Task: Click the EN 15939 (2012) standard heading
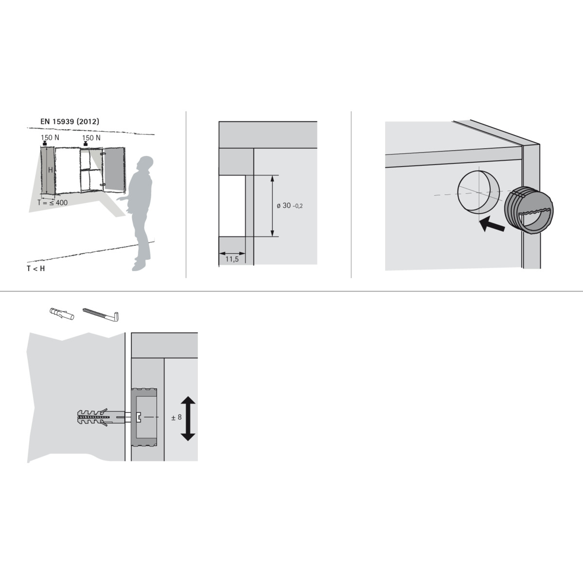pos(69,121)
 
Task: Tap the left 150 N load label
pos(50,137)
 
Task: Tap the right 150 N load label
pos(91,137)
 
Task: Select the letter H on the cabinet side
pos(51,170)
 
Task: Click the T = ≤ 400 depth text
pos(52,203)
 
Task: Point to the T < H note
pos(35,268)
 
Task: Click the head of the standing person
pos(145,164)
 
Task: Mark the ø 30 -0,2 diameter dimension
pos(290,206)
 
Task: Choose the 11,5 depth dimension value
pos(232,259)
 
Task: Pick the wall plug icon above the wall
pos(62,313)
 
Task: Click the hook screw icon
pos(101,314)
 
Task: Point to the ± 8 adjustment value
pos(176,417)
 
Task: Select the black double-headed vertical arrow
pos(188,418)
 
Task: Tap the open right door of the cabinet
pos(114,170)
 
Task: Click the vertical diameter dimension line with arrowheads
pos(272,206)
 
